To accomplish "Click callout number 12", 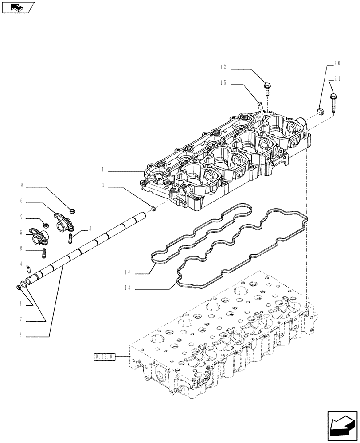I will (x=223, y=68).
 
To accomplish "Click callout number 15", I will (x=223, y=83).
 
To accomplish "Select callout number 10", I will (x=337, y=63).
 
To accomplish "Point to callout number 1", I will (x=102, y=170).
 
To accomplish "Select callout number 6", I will (x=21, y=201).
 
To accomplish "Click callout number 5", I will (x=21, y=232).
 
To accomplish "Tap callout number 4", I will (x=21, y=264).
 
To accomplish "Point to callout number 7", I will (x=21, y=320).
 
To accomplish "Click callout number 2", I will (x=21, y=336).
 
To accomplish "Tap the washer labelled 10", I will (x=320, y=111).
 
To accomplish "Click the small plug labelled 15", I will (x=261, y=105).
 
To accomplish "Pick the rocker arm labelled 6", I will (x=60, y=219).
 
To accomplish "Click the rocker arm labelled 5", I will (x=39, y=234).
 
